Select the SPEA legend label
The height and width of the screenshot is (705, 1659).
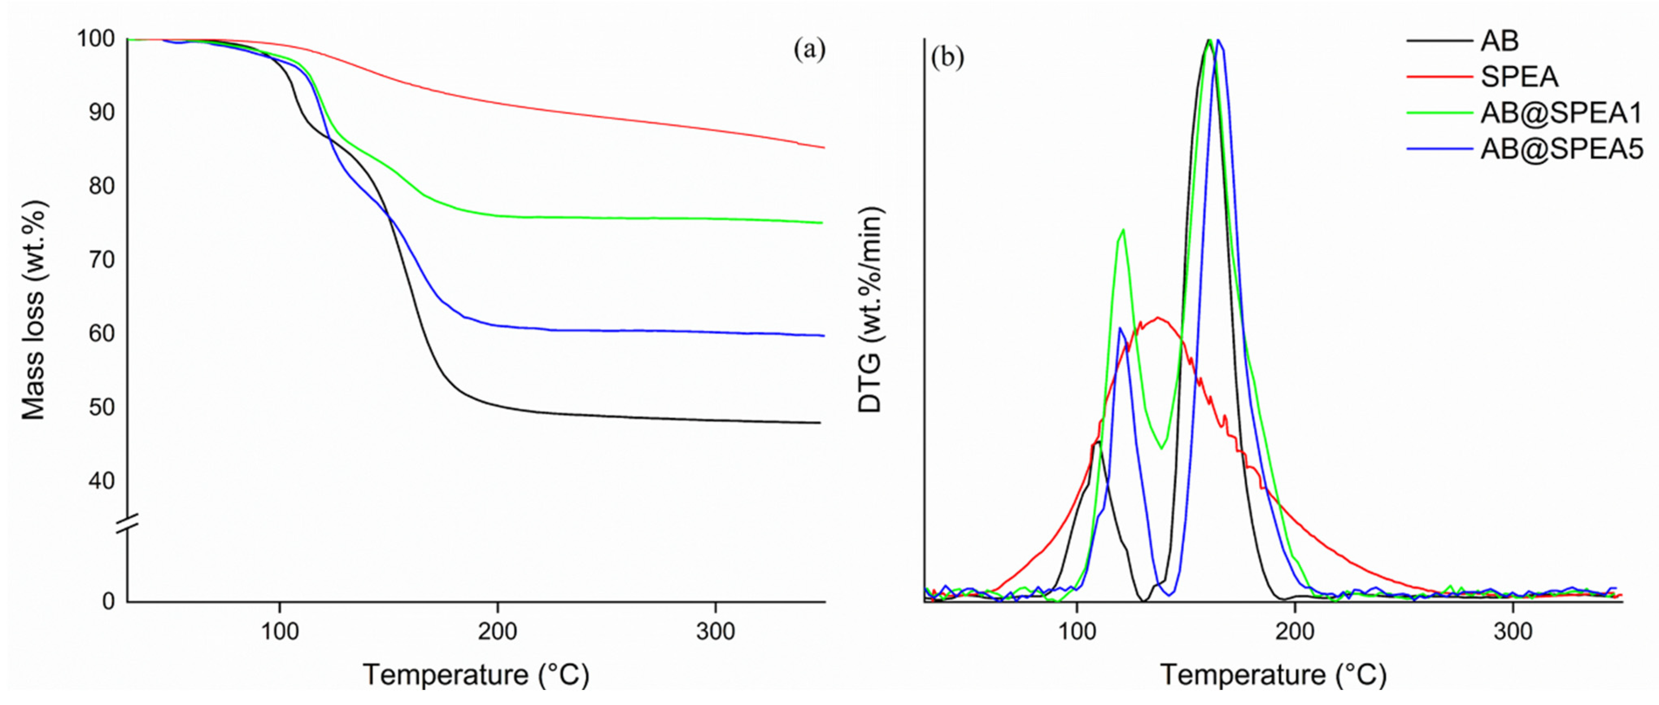[1519, 77]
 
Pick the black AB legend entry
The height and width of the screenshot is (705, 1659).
[1499, 41]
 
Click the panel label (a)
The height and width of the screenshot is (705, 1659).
[809, 50]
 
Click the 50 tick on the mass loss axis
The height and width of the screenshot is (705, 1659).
[102, 407]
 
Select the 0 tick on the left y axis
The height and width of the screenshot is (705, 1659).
[108, 601]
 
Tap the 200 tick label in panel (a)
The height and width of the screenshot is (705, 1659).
[497, 631]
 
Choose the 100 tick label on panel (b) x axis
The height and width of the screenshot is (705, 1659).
[1077, 631]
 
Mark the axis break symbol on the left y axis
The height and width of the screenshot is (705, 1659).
[127, 523]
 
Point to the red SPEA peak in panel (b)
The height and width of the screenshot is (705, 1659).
[1158, 318]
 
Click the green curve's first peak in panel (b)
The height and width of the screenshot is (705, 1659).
[1123, 230]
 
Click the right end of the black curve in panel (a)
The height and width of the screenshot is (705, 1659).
[819, 423]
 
